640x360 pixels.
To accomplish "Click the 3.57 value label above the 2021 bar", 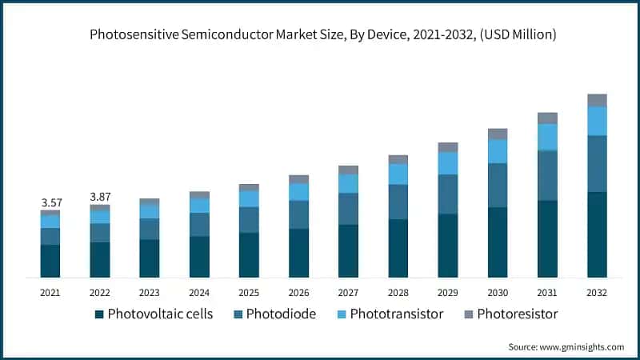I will [50, 202].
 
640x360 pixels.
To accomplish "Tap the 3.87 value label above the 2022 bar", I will [100, 196].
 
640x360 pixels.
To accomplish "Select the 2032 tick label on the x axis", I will [597, 293].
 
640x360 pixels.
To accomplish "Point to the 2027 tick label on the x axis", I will [348, 293].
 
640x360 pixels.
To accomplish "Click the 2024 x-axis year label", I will [199, 293].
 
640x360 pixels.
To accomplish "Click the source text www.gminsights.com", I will [581, 346].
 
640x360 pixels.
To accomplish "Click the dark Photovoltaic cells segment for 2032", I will [597, 234].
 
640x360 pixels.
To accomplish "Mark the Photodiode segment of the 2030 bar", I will [498, 185].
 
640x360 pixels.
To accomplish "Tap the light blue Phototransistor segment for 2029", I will [448, 163].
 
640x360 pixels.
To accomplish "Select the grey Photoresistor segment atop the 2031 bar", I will [547, 118].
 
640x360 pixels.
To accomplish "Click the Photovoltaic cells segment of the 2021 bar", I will [50, 261].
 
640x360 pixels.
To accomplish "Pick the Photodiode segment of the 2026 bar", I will [298, 214].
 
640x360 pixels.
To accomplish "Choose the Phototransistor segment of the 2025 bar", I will [249, 198].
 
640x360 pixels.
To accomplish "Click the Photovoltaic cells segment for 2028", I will [398, 248].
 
